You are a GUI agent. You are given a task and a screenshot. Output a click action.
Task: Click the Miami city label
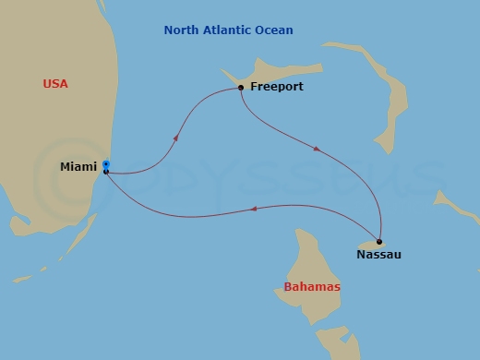pyautogui.click(x=78, y=167)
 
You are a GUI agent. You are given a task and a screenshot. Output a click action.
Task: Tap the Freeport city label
pyautogui.click(x=277, y=88)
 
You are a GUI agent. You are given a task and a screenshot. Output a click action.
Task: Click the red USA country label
pyautogui.click(x=55, y=84)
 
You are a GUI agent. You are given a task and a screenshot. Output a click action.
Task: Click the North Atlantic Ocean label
pyautogui.click(x=228, y=30)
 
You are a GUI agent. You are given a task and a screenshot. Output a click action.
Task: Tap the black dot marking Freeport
pyautogui.click(x=241, y=88)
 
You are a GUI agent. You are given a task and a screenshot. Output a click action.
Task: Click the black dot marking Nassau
pyautogui.click(x=379, y=242)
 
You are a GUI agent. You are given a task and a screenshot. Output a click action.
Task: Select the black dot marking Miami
pyautogui.click(x=107, y=172)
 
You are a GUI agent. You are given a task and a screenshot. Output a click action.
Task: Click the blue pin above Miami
pyautogui.click(x=107, y=164)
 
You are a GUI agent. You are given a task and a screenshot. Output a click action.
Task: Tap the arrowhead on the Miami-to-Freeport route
pyautogui.click(x=175, y=137)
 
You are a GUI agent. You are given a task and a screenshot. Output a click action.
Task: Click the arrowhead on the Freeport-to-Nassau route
pyautogui.click(x=317, y=149)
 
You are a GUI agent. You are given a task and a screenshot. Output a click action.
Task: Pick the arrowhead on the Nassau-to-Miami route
pyautogui.click(x=253, y=210)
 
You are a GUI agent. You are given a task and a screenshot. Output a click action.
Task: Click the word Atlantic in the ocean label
pyautogui.click(x=226, y=30)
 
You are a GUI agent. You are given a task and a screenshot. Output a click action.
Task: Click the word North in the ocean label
pyautogui.click(x=180, y=30)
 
